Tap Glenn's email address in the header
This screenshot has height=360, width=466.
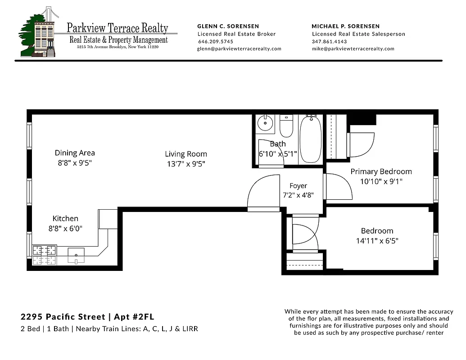point(239,49)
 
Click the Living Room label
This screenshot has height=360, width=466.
point(185,154)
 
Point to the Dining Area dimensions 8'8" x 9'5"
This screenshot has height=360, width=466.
point(75,163)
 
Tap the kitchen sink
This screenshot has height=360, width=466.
point(76,255)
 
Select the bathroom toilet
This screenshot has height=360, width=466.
point(286,126)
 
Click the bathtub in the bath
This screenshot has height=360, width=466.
point(310,139)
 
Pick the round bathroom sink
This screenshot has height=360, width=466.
point(265,123)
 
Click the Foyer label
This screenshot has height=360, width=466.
point(298,186)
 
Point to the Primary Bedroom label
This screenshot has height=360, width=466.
point(381,171)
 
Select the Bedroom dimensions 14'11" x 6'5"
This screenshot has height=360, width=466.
point(377,241)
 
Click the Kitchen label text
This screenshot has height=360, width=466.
point(65,219)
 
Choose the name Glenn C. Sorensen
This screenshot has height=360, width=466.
point(228,26)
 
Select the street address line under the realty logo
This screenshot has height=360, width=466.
point(118,47)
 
